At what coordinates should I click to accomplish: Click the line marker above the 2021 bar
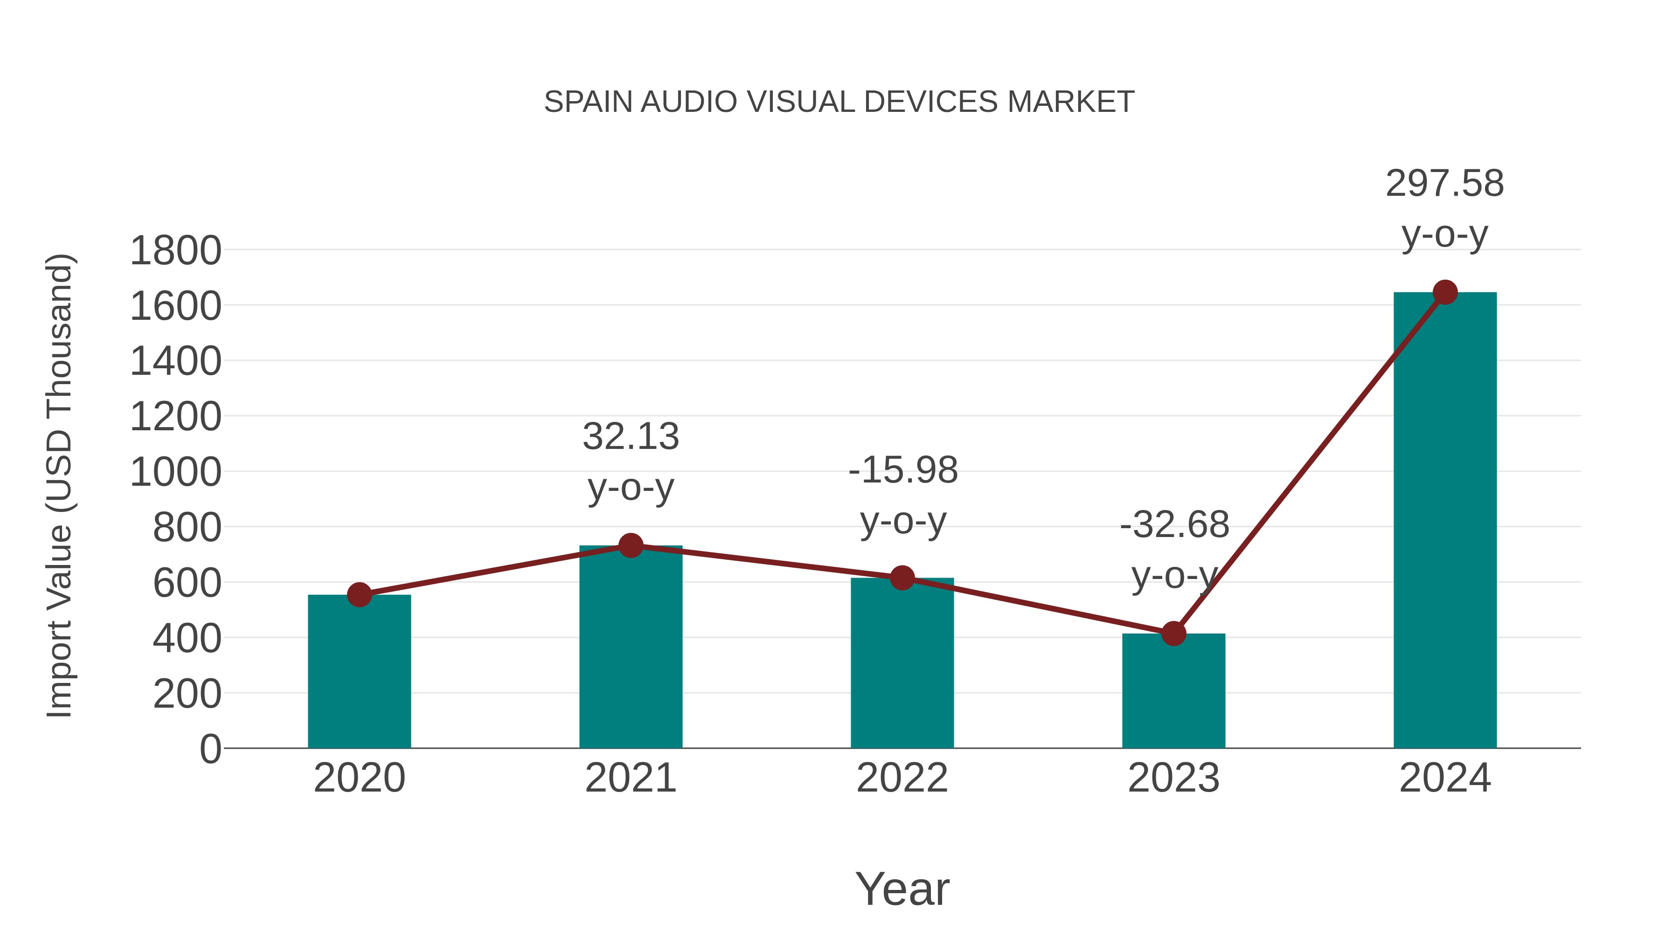tap(630, 545)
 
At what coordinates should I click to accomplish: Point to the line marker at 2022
tap(902, 577)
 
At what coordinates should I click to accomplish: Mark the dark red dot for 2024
tap(1445, 292)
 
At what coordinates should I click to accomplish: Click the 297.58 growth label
tap(1444, 183)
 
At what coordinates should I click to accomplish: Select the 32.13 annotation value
tap(630, 436)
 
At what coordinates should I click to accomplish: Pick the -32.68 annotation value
tap(1174, 524)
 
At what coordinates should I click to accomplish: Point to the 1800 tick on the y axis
tap(175, 251)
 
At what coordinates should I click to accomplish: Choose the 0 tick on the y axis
tap(210, 749)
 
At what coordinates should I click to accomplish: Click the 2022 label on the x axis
tap(902, 778)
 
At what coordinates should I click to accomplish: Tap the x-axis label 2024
tap(1444, 778)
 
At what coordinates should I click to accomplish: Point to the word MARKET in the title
tap(1070, 102)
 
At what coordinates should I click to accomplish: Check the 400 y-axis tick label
tap(187, 639)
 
